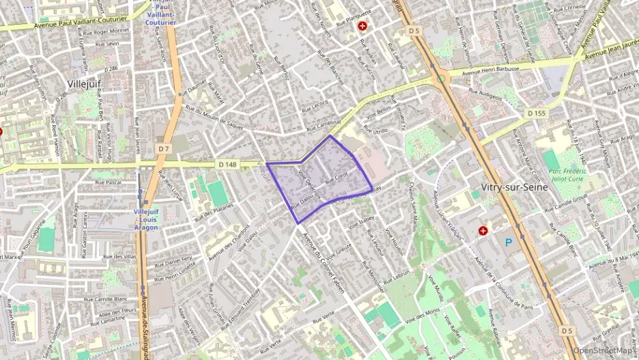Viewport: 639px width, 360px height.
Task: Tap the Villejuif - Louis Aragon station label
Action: pos(146,219)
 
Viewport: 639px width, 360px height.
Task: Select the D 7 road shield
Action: pos(163,148)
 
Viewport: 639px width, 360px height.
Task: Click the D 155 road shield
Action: pos(536,113)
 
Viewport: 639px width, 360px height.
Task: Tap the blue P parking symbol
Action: pos(508,242)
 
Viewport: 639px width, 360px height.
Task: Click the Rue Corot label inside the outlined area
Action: pos(337,178)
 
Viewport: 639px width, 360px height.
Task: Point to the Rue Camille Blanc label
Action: pos(106,299)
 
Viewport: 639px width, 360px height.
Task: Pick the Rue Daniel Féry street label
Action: pos(170,260)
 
